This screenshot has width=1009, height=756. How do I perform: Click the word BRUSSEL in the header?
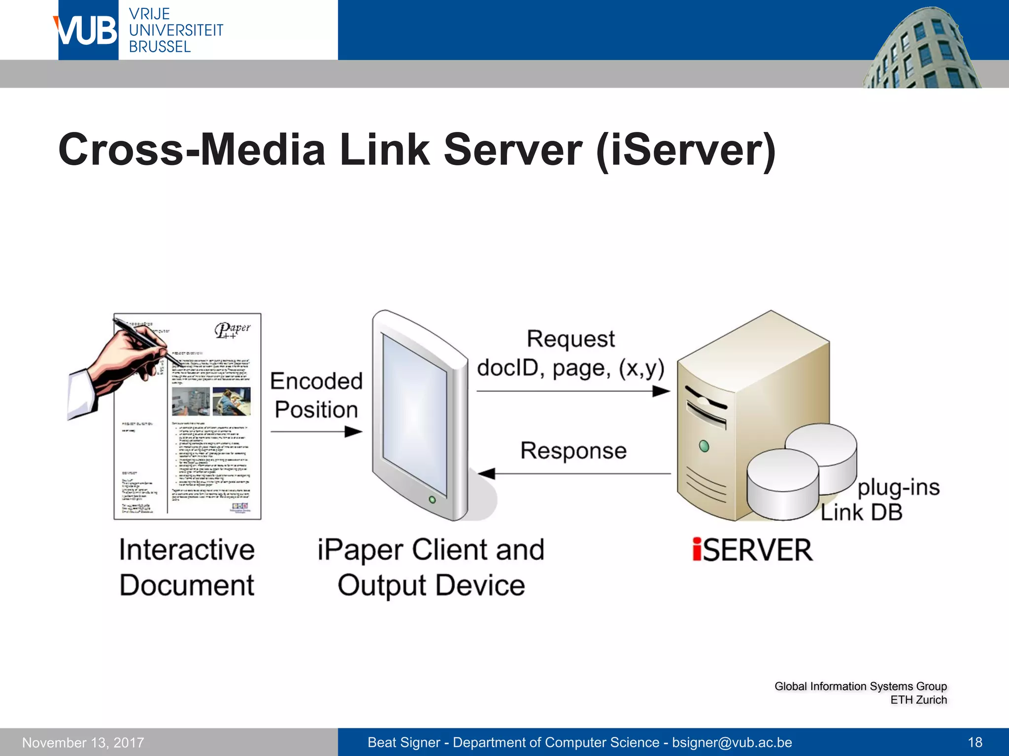click(160, 47)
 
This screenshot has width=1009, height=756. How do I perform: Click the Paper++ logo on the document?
click(232, 330)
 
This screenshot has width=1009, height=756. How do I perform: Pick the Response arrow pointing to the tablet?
click(574, 473)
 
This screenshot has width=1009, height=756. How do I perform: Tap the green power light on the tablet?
click(432, 500)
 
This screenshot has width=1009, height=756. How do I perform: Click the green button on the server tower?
click(704, 446)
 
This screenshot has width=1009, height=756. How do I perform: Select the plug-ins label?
click(898, 487)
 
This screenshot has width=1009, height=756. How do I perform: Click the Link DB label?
click(861, 512)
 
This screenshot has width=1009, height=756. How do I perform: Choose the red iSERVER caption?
click(752, 550)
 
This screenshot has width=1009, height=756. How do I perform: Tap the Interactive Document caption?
click(187, 567)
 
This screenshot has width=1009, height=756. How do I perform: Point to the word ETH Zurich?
click(918, 700)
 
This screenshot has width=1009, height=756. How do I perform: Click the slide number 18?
click(975, 742)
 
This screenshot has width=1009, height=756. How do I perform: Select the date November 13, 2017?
click(83, 742)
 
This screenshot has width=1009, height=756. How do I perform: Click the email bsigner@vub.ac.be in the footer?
click(732, 742)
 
